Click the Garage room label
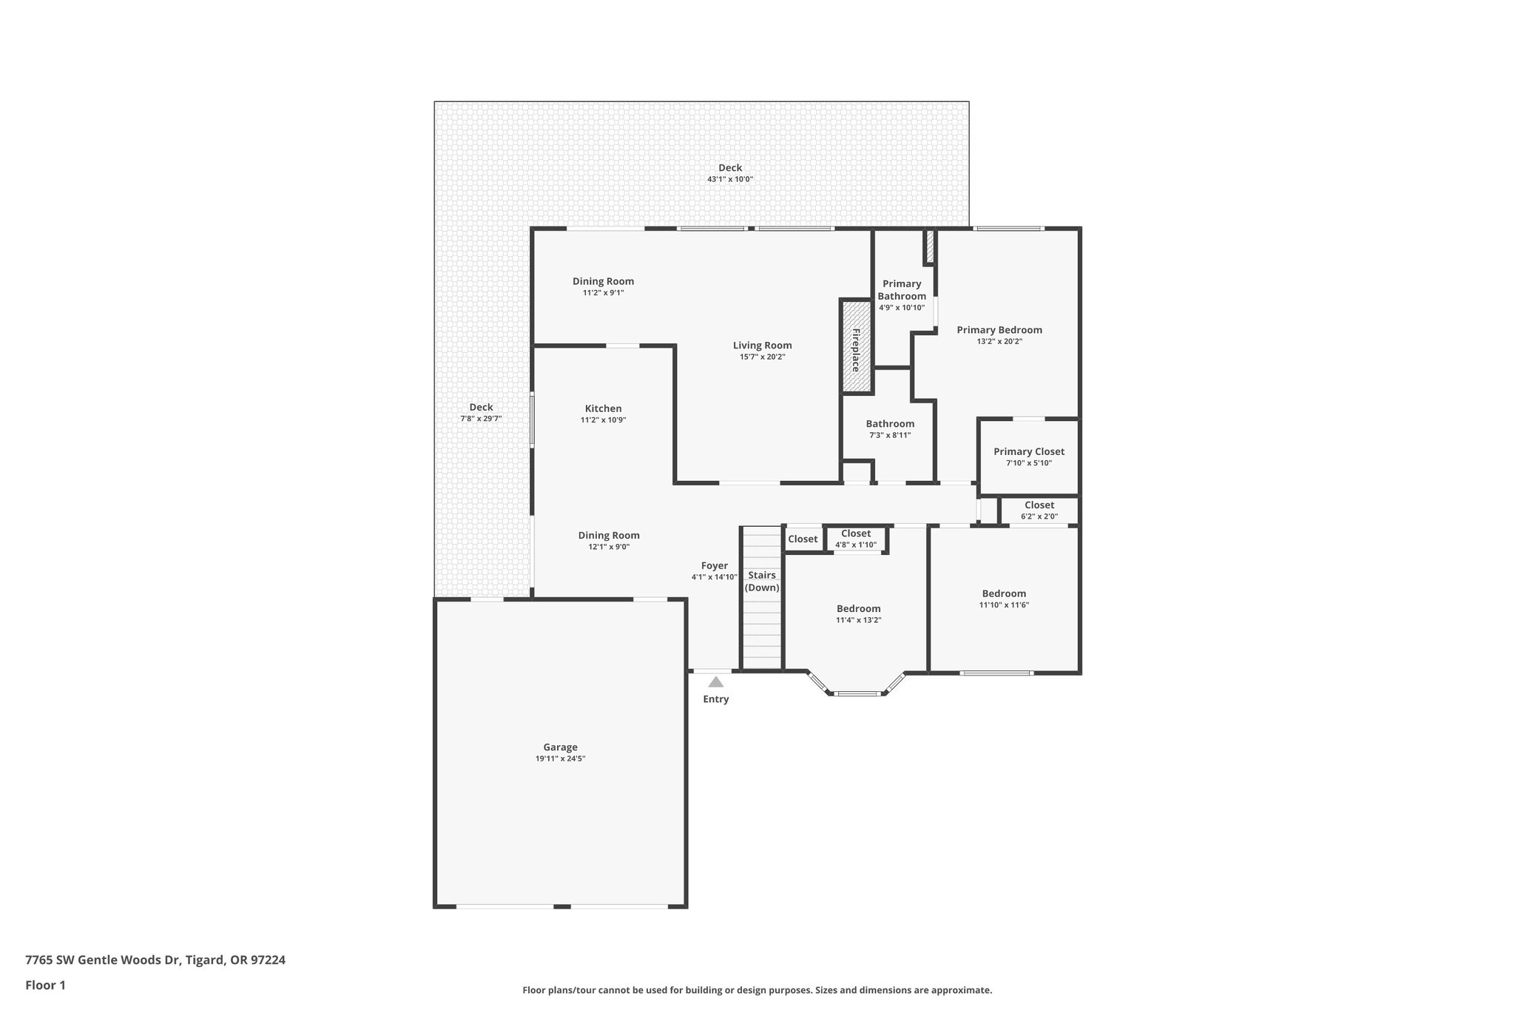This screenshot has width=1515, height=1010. click(x=560, y=747)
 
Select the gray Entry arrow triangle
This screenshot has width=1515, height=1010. click(x=715, y=682)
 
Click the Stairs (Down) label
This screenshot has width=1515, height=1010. click(x=762, y=582)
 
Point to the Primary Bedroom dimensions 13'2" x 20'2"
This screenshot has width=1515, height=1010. click(x=999, y=342)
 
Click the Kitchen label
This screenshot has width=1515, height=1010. click(x=603, y=408)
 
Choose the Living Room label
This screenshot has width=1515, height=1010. click(x=762, y=346)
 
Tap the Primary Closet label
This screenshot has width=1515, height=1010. click(x=1028, y=451)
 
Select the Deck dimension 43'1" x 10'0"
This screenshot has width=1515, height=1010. click(x=729, y=180)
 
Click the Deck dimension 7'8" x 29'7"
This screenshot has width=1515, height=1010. click(x=481, y=419)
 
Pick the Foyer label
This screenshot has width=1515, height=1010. click(x=714, y=566)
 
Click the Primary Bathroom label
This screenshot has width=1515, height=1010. click(x=902, y=290)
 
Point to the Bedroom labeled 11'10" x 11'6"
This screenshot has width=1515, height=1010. click(x=1004, y=593)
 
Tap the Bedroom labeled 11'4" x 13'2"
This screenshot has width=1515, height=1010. click(x=858, y=609)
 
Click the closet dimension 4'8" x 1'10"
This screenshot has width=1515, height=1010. click(x=856, y=545)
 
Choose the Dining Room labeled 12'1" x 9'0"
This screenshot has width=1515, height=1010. click(x=609, y=536)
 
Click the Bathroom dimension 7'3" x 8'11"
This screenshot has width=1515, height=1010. click(x=890, y=435)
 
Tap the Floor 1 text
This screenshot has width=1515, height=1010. click(x=45, y=985)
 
